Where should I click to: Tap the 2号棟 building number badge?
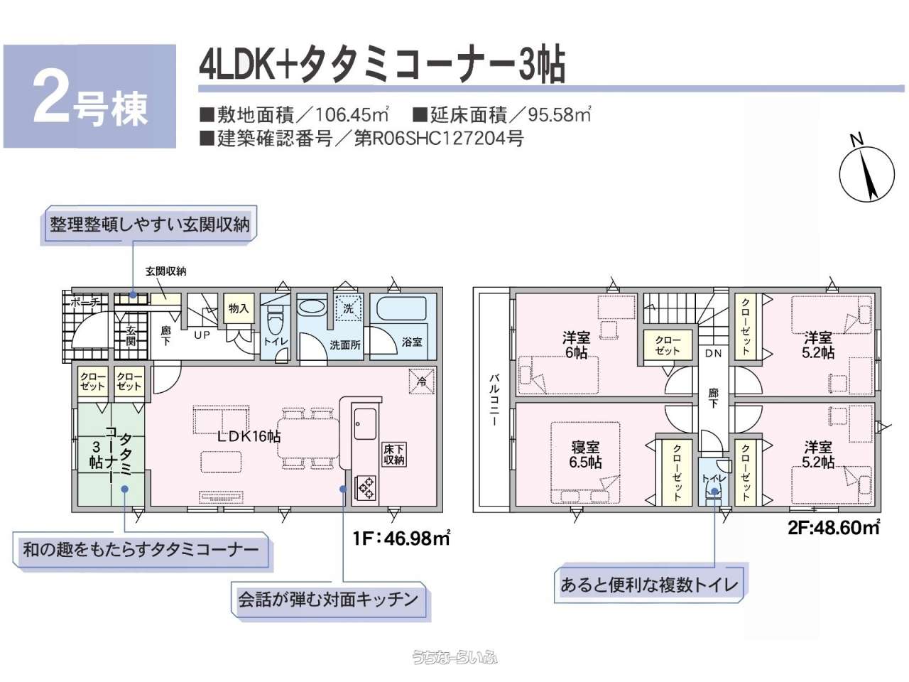pos(89,97)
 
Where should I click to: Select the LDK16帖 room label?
pos(249,436)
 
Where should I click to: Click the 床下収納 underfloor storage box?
pos(393,455)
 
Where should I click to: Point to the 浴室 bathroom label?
pos(412,342)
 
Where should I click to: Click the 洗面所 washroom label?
pos(344,345)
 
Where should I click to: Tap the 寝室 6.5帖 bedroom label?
pos(585,455)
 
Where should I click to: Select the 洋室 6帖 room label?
pos(576,345)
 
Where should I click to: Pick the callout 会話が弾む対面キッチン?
pos(328,600)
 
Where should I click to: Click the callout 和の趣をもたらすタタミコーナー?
pos(141,549)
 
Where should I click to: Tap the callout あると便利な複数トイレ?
pos(649,585)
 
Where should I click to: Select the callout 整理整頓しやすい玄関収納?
pos(149,224)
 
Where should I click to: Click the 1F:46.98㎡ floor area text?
pos(401,538)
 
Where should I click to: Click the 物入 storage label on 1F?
pos(239,308)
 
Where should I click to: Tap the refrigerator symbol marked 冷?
pos(421,381)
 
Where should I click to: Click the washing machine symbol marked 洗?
pos(348,308)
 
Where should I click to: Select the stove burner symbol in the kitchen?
pos(366,487)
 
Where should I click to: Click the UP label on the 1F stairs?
pos(202,335)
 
